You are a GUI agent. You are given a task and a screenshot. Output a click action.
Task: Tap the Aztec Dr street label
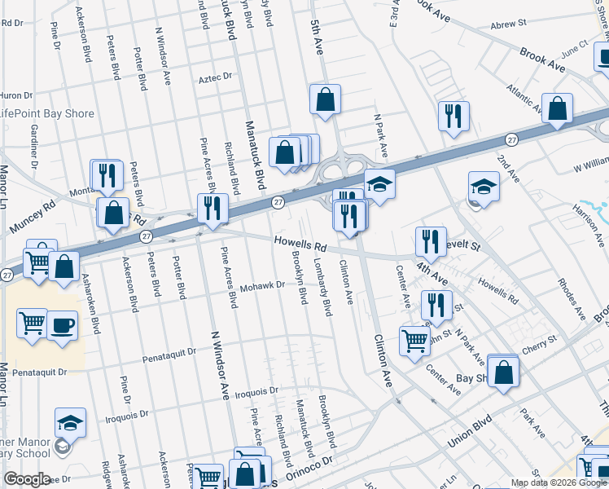pyautogui.click(x=215, y=77)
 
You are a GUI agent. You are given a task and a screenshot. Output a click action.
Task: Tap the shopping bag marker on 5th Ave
pyautogui.click(x=325, y=100)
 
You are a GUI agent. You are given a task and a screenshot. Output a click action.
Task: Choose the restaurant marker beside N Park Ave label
pyautogui.click(x=452, y=115)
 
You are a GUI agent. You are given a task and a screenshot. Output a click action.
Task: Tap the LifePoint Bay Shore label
pyautogui.click(x=47, y=114)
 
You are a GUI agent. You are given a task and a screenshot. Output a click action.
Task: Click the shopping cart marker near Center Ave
pyautogui.click(x=414, y=339)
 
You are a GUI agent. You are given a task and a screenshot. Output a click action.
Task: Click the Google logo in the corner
pyautogui.click(x=26, y=479)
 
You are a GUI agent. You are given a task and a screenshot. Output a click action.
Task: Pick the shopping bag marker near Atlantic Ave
pyautogui.click(x=558, y=108)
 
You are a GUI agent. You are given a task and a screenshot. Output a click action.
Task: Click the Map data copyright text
pyautogui.click(x=559, y=482)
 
